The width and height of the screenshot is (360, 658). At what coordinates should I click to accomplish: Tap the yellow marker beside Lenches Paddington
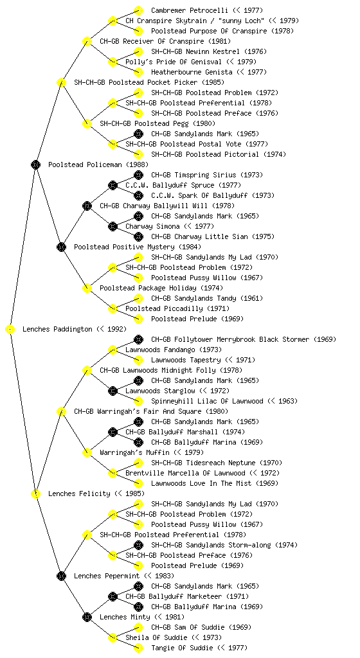tap(10, 329)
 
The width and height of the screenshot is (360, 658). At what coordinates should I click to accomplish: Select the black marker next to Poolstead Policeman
tap(35, 164)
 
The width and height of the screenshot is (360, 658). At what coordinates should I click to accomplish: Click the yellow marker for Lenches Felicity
tap(35, 493)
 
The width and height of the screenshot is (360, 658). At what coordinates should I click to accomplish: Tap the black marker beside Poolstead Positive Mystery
tap(61, 247)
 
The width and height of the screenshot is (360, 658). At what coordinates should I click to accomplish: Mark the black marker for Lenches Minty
tap(87, 617)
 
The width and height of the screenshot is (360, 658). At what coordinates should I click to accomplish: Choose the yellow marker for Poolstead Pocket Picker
tap(61, 82)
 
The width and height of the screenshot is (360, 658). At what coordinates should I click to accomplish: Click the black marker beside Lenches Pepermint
tap(61, 576)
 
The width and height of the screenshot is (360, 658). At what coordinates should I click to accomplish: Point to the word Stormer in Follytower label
tap(296, 339)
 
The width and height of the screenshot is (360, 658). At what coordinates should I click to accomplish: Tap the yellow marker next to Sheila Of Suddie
tap(113, 637)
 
